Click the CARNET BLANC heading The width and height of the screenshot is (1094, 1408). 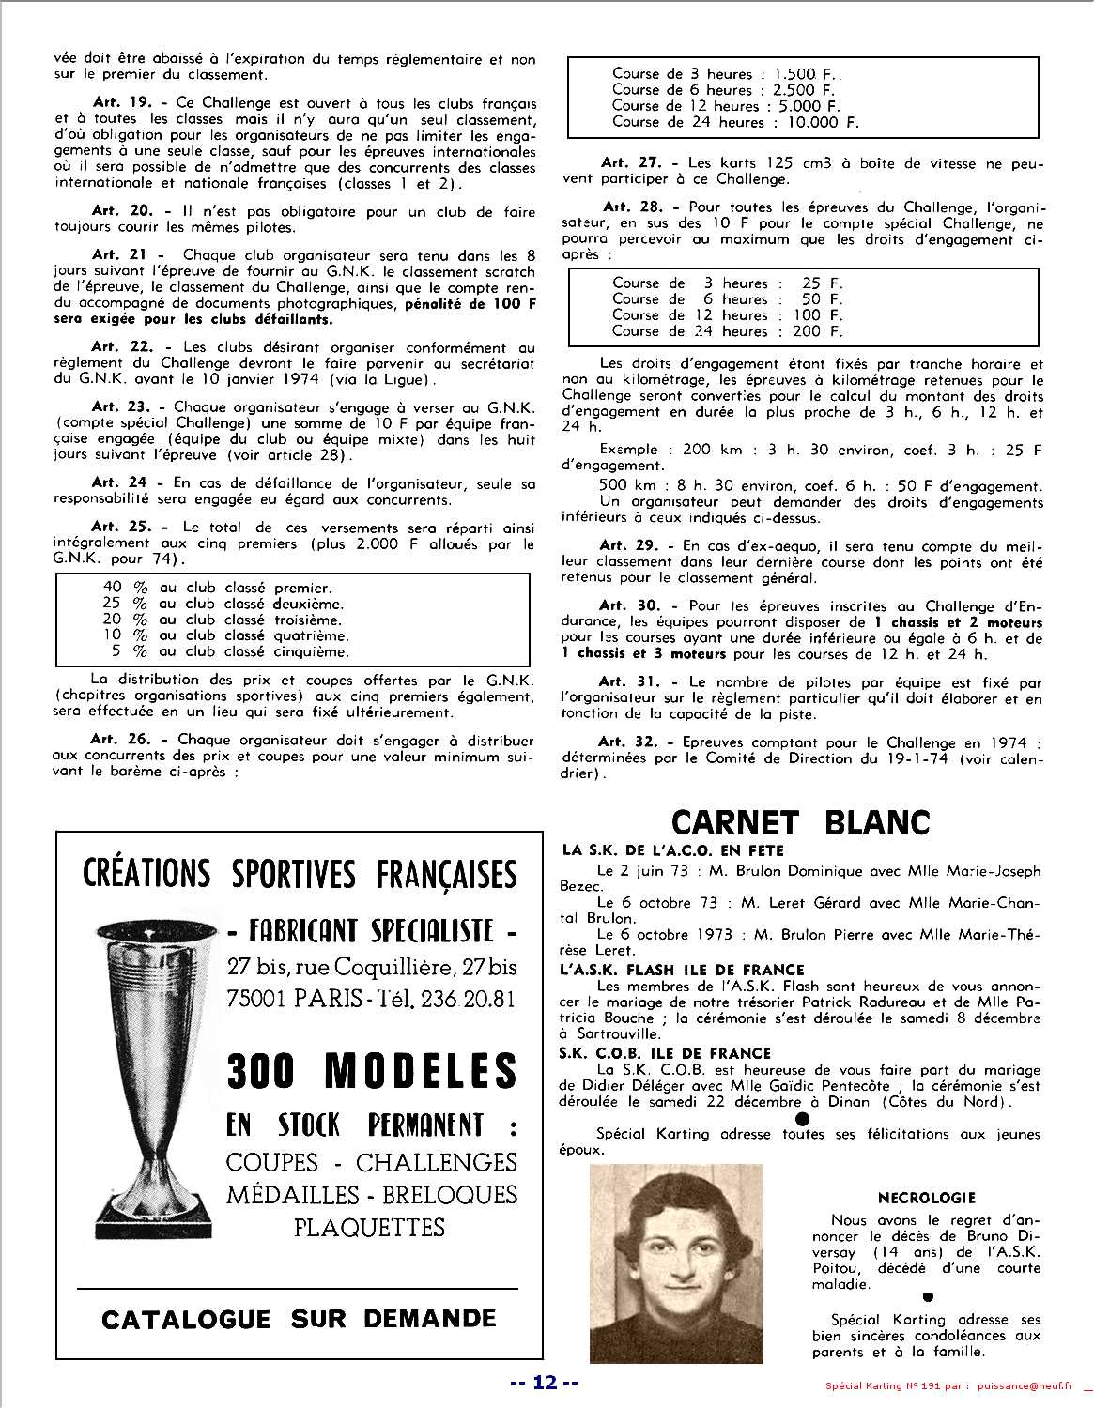click(801, 822)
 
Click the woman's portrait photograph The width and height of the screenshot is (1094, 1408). click(676, 1263)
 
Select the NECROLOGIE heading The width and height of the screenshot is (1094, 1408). click(926, 1198)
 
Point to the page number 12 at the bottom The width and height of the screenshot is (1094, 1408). click(545, 1382)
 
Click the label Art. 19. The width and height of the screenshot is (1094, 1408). click(118, 103)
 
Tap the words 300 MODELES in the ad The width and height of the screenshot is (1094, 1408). click(372, 1070)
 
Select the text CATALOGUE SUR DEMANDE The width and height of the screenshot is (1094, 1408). click(299, 1318)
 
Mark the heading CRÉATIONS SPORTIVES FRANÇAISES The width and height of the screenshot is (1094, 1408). click(300, 874)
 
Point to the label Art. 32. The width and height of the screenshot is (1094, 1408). click(624, 742)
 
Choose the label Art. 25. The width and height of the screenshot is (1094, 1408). click(118, 528)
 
